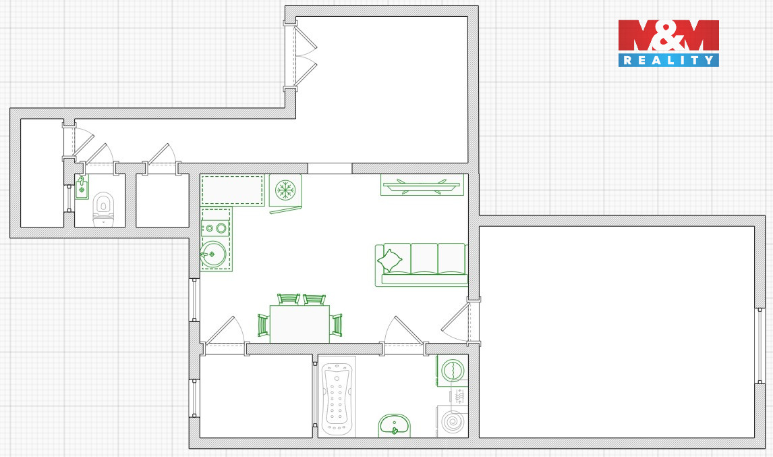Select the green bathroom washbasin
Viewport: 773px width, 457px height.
[x=394, y=425]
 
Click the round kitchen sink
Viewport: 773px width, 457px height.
[x=213, y=254]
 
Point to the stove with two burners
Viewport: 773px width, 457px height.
[x=215, y=228]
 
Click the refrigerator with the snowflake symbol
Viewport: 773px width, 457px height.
[x=285, y=190]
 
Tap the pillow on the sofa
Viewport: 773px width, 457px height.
[x=389, y=261]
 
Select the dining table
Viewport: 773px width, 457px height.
[x=299, y=323]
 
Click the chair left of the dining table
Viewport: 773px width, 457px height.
[x=263, y=325]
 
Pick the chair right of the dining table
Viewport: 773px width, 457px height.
[x=336, y=325]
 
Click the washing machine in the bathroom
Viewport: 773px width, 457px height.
[x=451, y=371]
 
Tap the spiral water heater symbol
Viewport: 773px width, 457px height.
[x=452, y=422]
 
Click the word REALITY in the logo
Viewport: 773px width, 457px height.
[x=668, y=60]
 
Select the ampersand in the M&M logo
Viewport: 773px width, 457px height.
[x=669, y=36]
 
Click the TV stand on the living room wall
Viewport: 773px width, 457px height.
[x=422, y=186]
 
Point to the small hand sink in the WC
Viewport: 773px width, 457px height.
[x=82, y=188]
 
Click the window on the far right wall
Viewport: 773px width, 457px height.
[x=760, y=346]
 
